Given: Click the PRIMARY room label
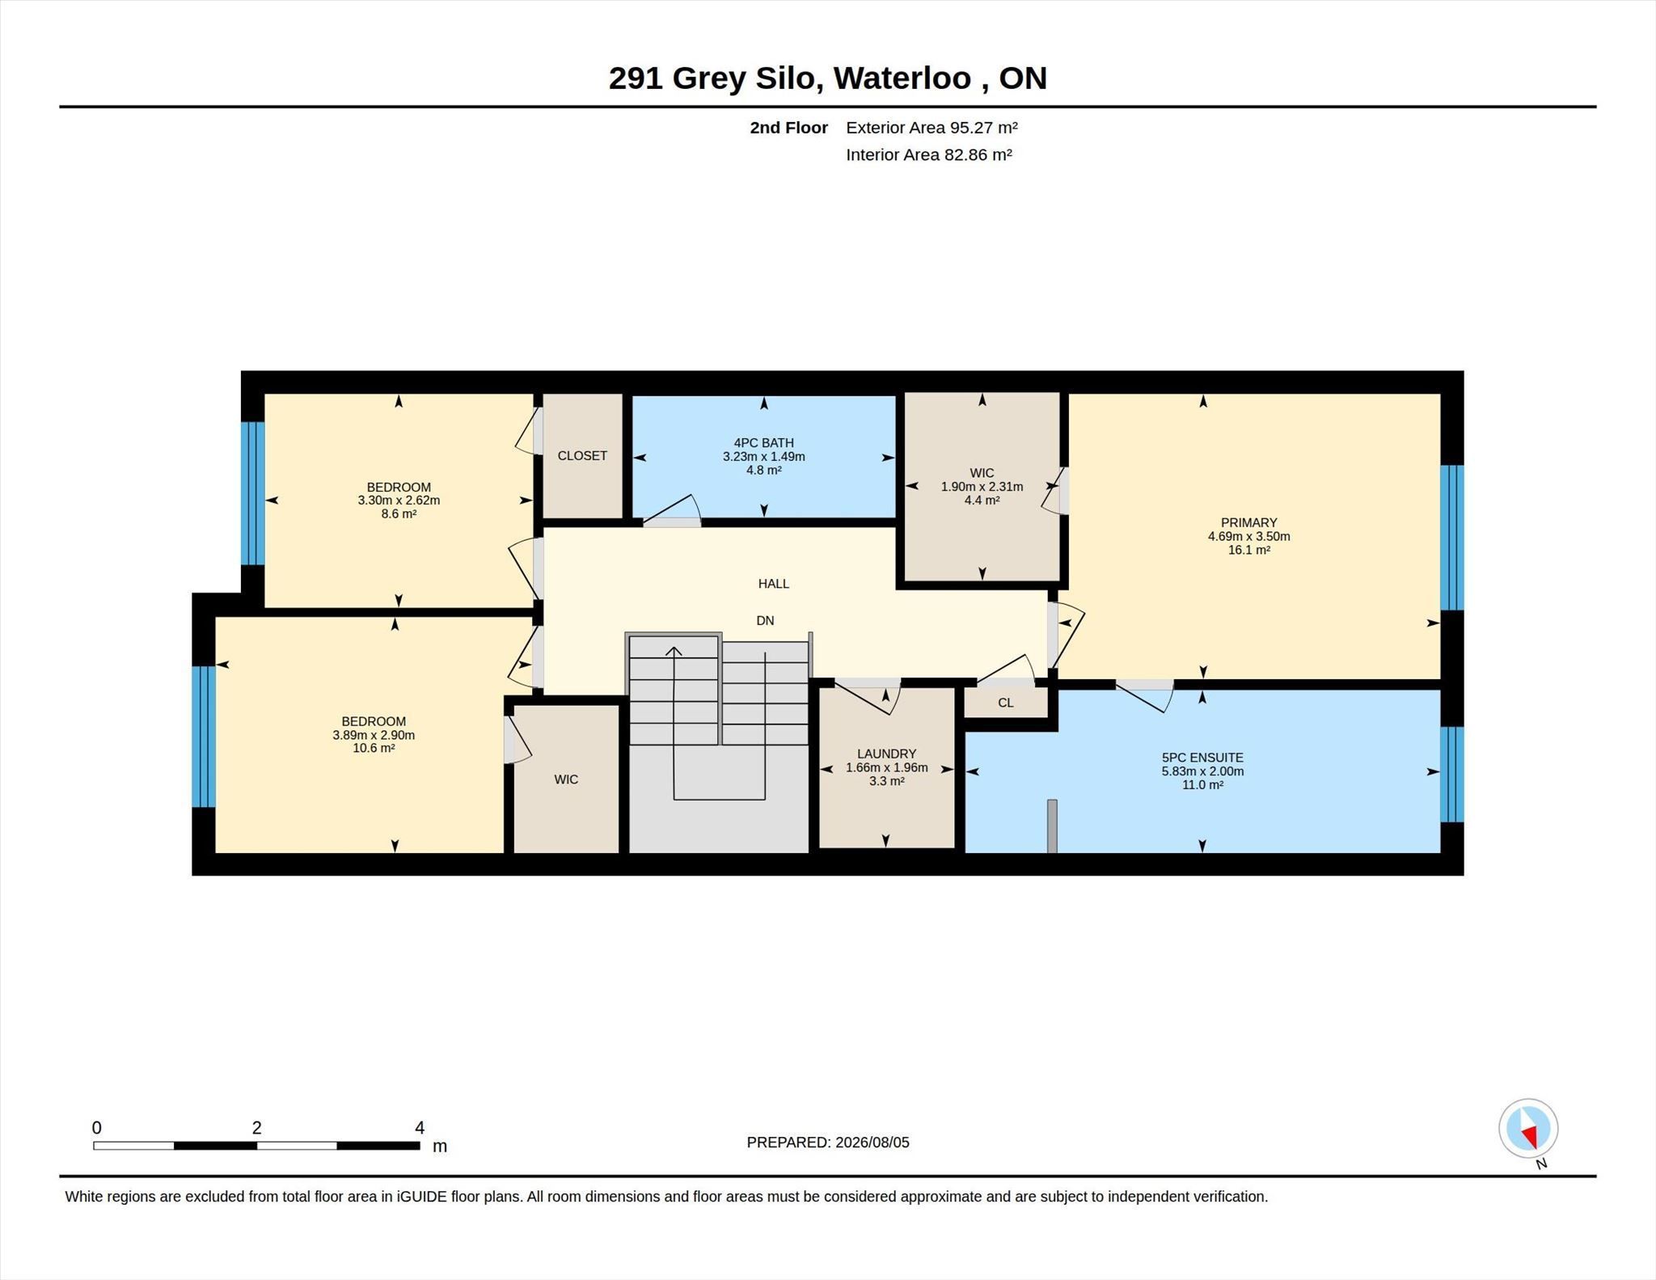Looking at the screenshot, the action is tap(1248, 522).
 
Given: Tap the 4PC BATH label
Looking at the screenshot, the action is tap(763, 442).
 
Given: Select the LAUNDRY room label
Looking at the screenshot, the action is tap(886, 754).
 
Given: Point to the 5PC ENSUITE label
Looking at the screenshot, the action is tap(1202, 758).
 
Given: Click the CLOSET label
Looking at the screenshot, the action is tap(582, 455).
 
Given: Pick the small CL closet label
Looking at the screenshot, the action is tap(1005, 703).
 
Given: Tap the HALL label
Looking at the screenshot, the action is tap(774, 583).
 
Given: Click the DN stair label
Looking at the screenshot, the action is tap(765, 620).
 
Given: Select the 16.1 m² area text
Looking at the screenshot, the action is tap(1248, 550).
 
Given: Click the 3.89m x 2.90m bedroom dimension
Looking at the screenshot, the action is tap(374, 735).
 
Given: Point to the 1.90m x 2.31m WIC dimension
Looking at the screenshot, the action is tap(982, 487).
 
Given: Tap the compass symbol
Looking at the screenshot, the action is tap(1528, 1128).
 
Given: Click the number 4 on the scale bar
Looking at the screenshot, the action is tap(420, 1127).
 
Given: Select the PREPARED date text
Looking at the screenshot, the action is tap(828, 1143).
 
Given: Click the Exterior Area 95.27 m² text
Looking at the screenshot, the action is tap(931, 128).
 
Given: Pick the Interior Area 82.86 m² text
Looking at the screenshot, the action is tap(929, 154).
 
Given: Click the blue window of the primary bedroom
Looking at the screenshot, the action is tap(1452, 537).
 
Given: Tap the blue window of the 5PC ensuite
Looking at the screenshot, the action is tap(1452, 774).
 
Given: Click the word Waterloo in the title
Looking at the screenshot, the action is tap(902, 78).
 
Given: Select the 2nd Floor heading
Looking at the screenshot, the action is tap(788, 128).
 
